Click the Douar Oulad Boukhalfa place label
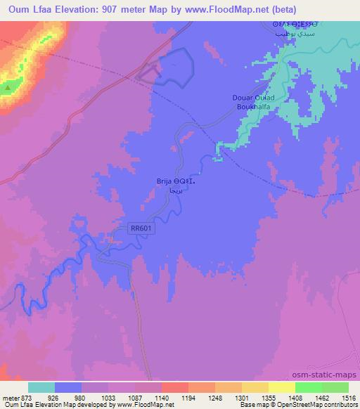point(251,103)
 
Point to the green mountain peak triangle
point(8,88)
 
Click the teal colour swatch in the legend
point(41,387)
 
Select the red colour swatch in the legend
point(174,387)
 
